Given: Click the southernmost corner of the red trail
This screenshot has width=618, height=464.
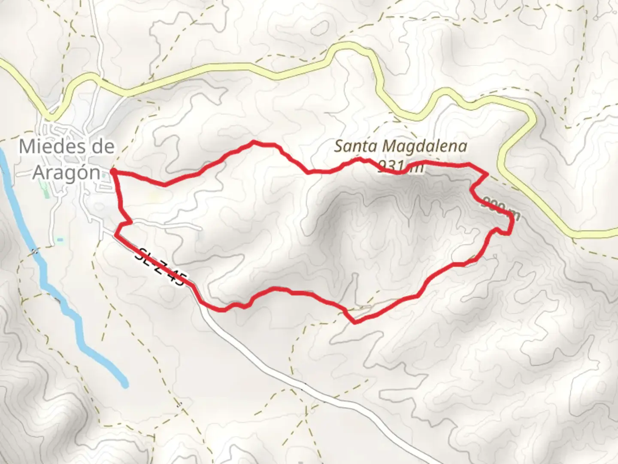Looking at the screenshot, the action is [x=354, y=322].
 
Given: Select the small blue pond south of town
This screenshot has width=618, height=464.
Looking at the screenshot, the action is [x=60, y=239].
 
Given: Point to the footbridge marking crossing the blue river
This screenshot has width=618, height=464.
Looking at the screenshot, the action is [x=35, y=251].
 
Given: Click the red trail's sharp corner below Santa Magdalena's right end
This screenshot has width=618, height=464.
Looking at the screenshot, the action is [x=487, y=174].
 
